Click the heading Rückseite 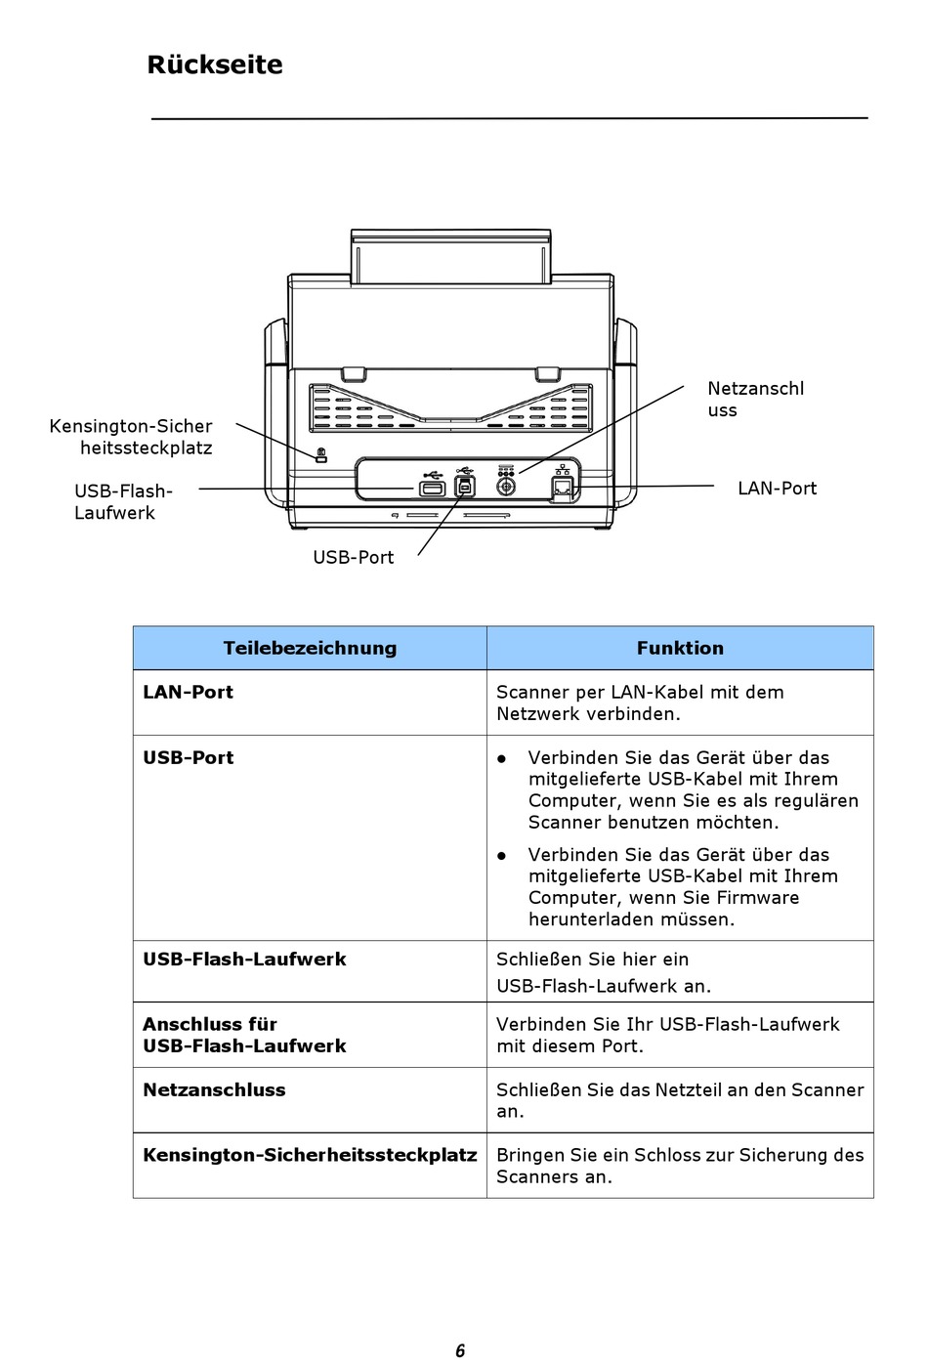[215, 64]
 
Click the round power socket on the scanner [506, 486]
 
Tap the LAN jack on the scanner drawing [563, 488]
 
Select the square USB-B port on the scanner [465, 487]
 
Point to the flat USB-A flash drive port [432, 488]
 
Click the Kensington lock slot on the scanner [321, 455]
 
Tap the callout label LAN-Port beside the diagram [777, 489]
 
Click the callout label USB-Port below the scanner [353, 557]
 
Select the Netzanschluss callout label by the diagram [755, 399]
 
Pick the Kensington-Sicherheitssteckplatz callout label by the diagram [131, 437]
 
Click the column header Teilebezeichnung [310, 648]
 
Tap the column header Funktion [680, 648]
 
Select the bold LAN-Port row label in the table [189, 692]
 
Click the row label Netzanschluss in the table [215, 1089]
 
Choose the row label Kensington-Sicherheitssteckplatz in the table [310, 1155]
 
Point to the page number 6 [460, 1350]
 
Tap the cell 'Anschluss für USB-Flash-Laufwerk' [244, 1035]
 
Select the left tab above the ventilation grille [353, 373]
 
